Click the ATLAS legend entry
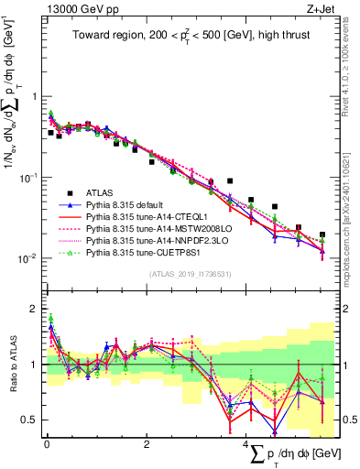pyautogui.click(x=101, y=193)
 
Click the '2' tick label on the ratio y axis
pyautogui.click(x=34, y=310)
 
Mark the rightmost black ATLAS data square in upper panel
pyautogui.click(x=322, y=235)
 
